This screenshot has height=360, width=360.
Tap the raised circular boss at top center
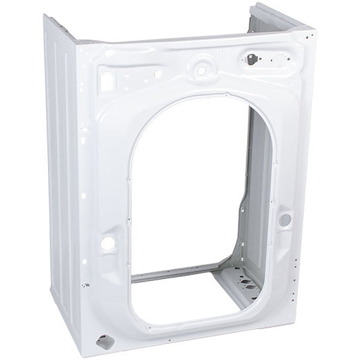click(201, 68)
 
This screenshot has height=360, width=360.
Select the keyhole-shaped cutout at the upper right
click(254, 58)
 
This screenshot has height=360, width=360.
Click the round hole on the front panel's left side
click(108, 242)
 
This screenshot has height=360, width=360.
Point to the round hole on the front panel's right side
click(285, 220)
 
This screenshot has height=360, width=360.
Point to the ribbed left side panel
click(64, 169)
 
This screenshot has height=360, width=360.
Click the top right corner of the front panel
click(312, 30)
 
